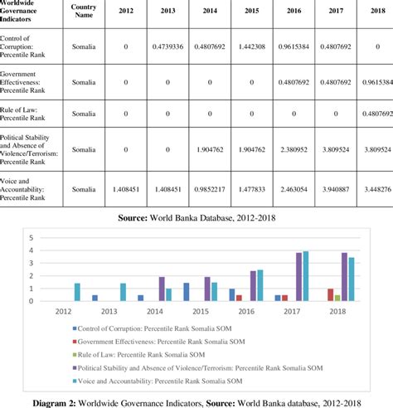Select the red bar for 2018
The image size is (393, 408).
(330, 294)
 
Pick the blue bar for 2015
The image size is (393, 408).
(186, 292)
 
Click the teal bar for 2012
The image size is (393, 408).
(77, 292)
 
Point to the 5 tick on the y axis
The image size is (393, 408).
(32, 237)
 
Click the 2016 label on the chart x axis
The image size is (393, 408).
(245, 312)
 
